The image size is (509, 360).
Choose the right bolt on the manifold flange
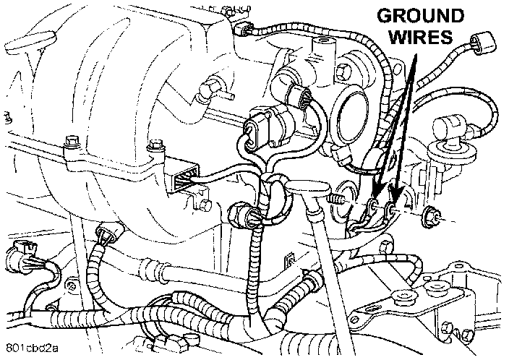(153, 150)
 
